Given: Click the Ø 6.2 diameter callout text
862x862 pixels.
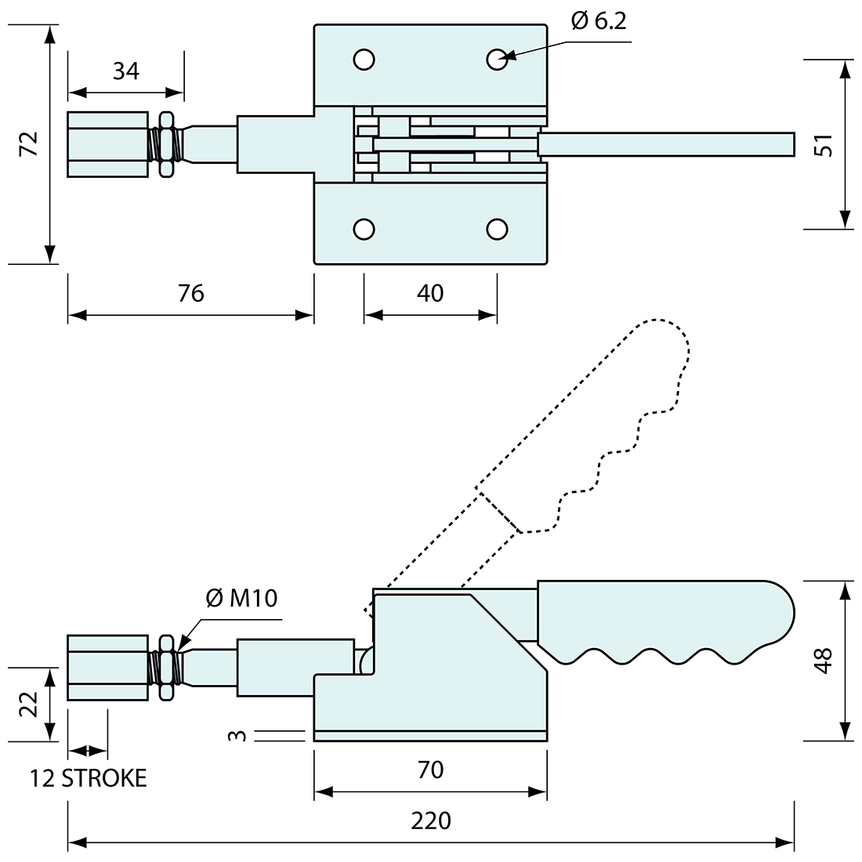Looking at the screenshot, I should pos(599,21).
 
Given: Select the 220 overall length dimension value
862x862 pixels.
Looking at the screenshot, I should pos(431,820).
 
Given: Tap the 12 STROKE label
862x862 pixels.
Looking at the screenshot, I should pos(89,778).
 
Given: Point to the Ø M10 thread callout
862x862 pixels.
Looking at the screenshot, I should pos(242,599).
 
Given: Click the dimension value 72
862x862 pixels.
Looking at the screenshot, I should pos(28,144).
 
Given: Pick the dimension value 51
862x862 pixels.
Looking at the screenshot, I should pos(824,145).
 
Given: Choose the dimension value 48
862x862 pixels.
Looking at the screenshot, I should pos(824,660).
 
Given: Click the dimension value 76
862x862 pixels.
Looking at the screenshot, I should pos(190,292).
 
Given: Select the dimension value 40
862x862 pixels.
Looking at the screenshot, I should pos(430,292).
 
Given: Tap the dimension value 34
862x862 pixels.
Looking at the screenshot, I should pos(125,71).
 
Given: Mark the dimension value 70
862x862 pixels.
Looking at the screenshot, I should pos(430,770).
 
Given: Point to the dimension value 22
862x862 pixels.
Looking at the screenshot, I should pos(27,704).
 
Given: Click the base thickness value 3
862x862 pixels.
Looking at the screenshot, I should pos(241,735).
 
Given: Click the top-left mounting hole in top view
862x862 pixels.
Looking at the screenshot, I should pos(364,59).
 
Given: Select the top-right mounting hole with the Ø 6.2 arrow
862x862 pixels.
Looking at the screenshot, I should pos(497,59).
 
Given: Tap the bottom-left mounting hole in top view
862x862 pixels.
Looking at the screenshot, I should pos(364,228).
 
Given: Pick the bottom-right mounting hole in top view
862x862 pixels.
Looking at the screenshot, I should pos(497,228).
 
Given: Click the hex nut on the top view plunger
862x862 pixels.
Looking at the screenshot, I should pos(165,143).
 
